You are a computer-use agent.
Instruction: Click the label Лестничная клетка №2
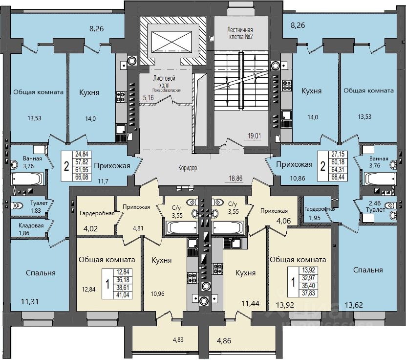coord(240,32)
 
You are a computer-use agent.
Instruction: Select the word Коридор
coord(188,168)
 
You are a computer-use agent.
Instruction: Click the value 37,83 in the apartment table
coord(309,293)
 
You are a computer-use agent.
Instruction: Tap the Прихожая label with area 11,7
coord(112,165)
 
